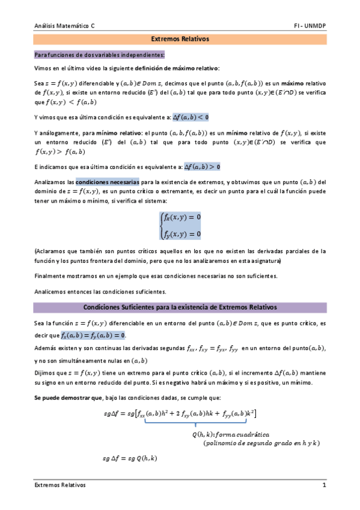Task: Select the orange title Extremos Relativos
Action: click(180, 39)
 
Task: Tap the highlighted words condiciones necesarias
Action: click(108, 181)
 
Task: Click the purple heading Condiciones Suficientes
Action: click(180, 307)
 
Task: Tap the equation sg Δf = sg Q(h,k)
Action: click(129, 459)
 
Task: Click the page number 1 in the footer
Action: click(324, 485)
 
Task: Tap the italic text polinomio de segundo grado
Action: click(252, 443)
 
